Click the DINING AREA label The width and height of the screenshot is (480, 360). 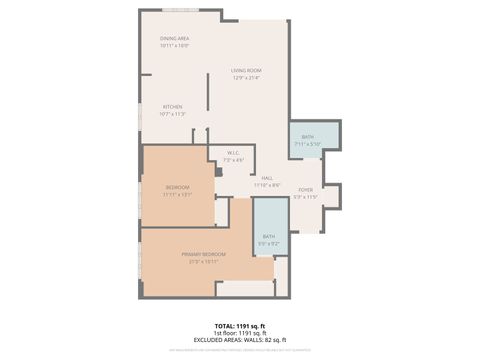click(x=174, y=38)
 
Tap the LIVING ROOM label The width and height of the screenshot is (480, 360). click(x=246, y=70)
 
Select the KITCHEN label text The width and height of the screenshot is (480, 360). click(x=173, y=107)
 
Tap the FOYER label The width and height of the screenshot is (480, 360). click(x=305, y=190)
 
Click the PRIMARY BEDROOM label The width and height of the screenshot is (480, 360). click(x=203, y=254)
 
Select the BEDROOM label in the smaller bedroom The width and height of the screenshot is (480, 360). click(x=177, y=188)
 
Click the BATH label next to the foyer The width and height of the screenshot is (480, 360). click(x=308, y=137)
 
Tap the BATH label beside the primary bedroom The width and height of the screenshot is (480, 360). click(x=269, y=236)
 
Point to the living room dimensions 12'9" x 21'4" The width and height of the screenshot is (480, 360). click(x=246, y=77)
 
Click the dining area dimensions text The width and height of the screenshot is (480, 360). click(x=174, y=45)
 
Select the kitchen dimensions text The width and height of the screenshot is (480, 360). click(x=173, y=114)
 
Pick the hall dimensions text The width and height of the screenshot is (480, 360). click(x=267, y=185)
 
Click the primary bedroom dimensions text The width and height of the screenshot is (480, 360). click(x=203, y=261)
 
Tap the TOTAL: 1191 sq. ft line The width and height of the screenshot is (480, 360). click(x=240, y=326)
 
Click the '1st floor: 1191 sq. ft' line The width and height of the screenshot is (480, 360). click(x=240, y=333)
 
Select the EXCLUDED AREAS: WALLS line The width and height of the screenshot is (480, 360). click(x=240, y=340)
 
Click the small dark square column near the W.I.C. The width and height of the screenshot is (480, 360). click(x=217, y=171)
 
